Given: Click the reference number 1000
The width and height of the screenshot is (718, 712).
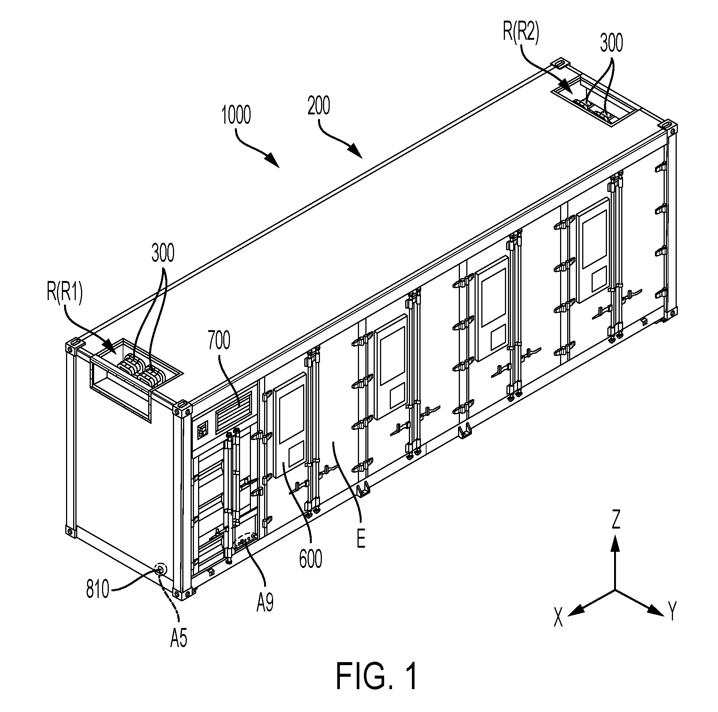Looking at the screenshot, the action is coord(236,115).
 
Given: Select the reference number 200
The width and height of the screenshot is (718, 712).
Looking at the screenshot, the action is coord(319,106).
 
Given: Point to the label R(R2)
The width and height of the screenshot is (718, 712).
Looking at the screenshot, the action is coord(521,30).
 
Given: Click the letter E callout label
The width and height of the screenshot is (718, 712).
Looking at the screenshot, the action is coord(361,541).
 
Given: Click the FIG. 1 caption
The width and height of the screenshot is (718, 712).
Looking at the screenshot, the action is coord(377,676).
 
